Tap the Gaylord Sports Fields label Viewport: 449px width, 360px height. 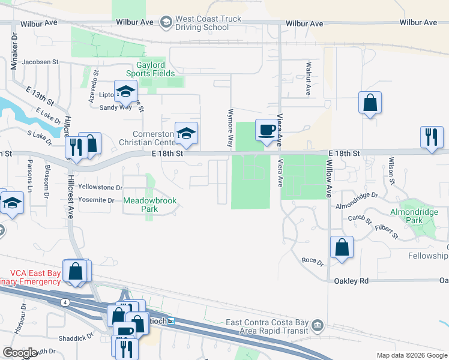[151, 69]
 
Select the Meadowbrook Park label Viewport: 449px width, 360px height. [149, 205]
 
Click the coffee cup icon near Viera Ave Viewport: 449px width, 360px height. [266, 130]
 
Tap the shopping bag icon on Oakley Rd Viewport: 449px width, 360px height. [342, 248]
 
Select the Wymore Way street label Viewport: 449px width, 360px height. [229, 128]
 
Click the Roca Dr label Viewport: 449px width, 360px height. [312, 262]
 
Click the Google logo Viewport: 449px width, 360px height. [20, 353]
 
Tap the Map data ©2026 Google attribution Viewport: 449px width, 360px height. [411, 355]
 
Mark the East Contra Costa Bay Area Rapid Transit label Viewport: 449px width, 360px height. [267, 326]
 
